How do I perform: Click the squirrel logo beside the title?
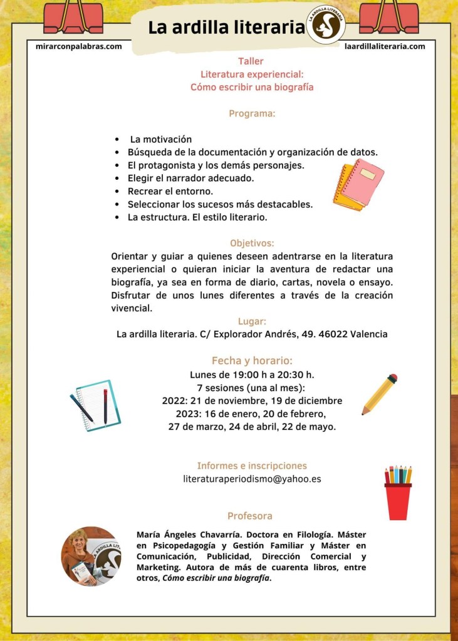326,25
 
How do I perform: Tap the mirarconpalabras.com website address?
79,46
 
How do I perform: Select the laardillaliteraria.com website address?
385,46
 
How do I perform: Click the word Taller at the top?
251,61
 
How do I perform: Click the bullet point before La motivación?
117,140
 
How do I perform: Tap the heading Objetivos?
252,243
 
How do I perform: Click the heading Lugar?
252,321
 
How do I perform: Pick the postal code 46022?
330,334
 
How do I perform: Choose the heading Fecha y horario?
252,360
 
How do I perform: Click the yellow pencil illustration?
379,395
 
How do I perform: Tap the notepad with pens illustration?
95,405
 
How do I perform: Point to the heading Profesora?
249,516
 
